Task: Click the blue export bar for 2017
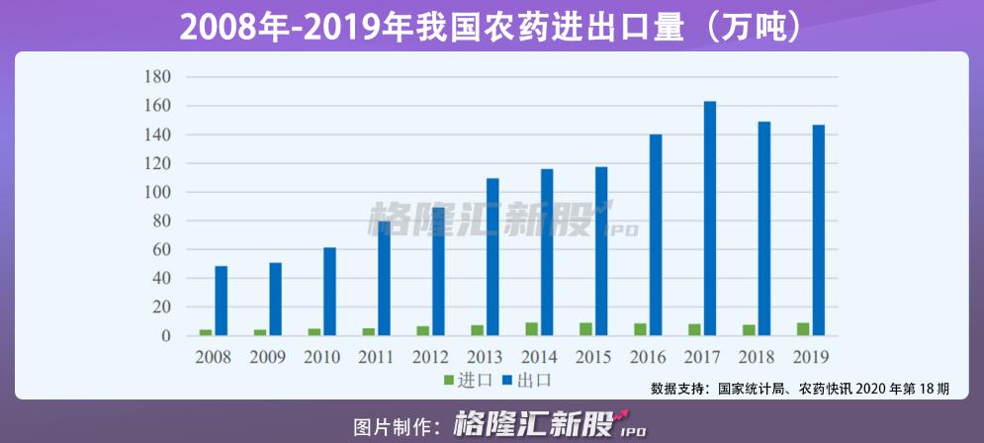point(709,219)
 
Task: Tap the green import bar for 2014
point(532,329)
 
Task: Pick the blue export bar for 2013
point(492,257)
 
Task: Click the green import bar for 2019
point(803,329)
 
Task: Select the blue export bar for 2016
point(655,235)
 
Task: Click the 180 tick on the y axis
point(158,77)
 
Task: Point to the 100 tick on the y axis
point(158,192)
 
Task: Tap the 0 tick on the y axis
point(166,336)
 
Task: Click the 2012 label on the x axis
point(430,357)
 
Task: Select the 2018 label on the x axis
point(756,357)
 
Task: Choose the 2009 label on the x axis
point(267,357)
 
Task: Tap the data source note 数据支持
point(800,389)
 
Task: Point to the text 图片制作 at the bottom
point(396,427)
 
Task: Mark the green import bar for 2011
point(369,331)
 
